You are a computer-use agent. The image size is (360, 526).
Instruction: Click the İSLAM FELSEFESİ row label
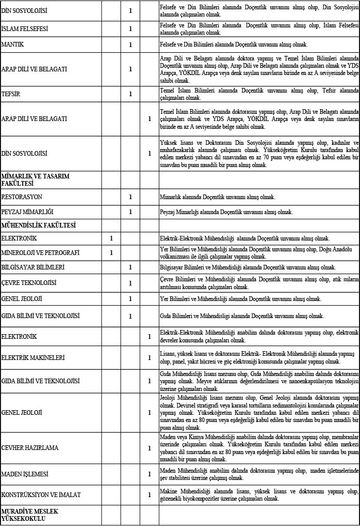click(25, 29)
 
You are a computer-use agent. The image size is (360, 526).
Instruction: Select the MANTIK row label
click(13, 45)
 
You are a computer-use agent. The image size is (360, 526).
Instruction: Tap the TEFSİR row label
click(11, 94)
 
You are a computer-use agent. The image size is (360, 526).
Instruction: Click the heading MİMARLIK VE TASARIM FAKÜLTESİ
click(36, 179)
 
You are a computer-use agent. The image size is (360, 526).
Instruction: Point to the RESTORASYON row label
click(22, 197)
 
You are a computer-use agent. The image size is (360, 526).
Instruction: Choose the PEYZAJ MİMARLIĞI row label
click(27, 212)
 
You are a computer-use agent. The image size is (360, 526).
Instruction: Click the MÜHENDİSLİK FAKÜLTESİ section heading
click(39, 225)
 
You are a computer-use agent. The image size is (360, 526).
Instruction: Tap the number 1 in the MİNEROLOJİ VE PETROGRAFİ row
click(111, 253)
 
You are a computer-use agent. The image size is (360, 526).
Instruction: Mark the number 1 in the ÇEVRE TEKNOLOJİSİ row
click(130, 283)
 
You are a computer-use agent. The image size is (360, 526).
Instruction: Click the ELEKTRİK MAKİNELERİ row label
click(33, 357)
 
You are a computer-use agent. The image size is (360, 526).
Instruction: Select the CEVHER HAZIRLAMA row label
click(30, 447)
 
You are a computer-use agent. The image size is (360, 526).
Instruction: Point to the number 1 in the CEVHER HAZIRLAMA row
click(149, 447)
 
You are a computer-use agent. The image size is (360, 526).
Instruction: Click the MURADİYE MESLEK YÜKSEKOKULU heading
click(30, 515)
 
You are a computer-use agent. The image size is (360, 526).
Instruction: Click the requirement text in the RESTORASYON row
click(217, 197)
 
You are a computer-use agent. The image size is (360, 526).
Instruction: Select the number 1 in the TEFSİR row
click(130, 94)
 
